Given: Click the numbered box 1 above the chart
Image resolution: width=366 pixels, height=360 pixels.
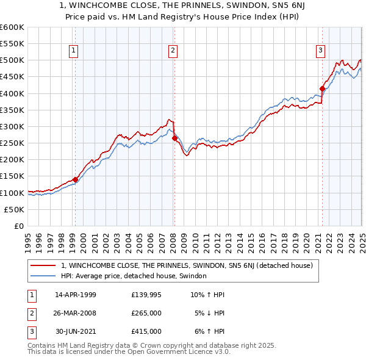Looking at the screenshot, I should (73, 51).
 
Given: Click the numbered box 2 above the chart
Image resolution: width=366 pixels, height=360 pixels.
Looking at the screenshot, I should (173, 51).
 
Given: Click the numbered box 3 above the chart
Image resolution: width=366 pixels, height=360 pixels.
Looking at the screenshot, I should (321, 51).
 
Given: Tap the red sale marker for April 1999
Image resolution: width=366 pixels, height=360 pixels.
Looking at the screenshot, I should (76, 179).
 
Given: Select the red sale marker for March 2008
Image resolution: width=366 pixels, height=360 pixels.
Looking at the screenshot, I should (174, 138).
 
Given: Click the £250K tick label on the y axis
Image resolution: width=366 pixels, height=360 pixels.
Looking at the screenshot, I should (12, 143).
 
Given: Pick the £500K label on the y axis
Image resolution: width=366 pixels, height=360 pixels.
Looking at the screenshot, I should (12, 60).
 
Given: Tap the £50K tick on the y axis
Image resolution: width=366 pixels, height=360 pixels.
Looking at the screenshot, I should (15, 209).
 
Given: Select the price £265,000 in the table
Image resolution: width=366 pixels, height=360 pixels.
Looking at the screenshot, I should (146, 313).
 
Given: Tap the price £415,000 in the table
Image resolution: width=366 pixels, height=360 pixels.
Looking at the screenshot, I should (146, 331).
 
